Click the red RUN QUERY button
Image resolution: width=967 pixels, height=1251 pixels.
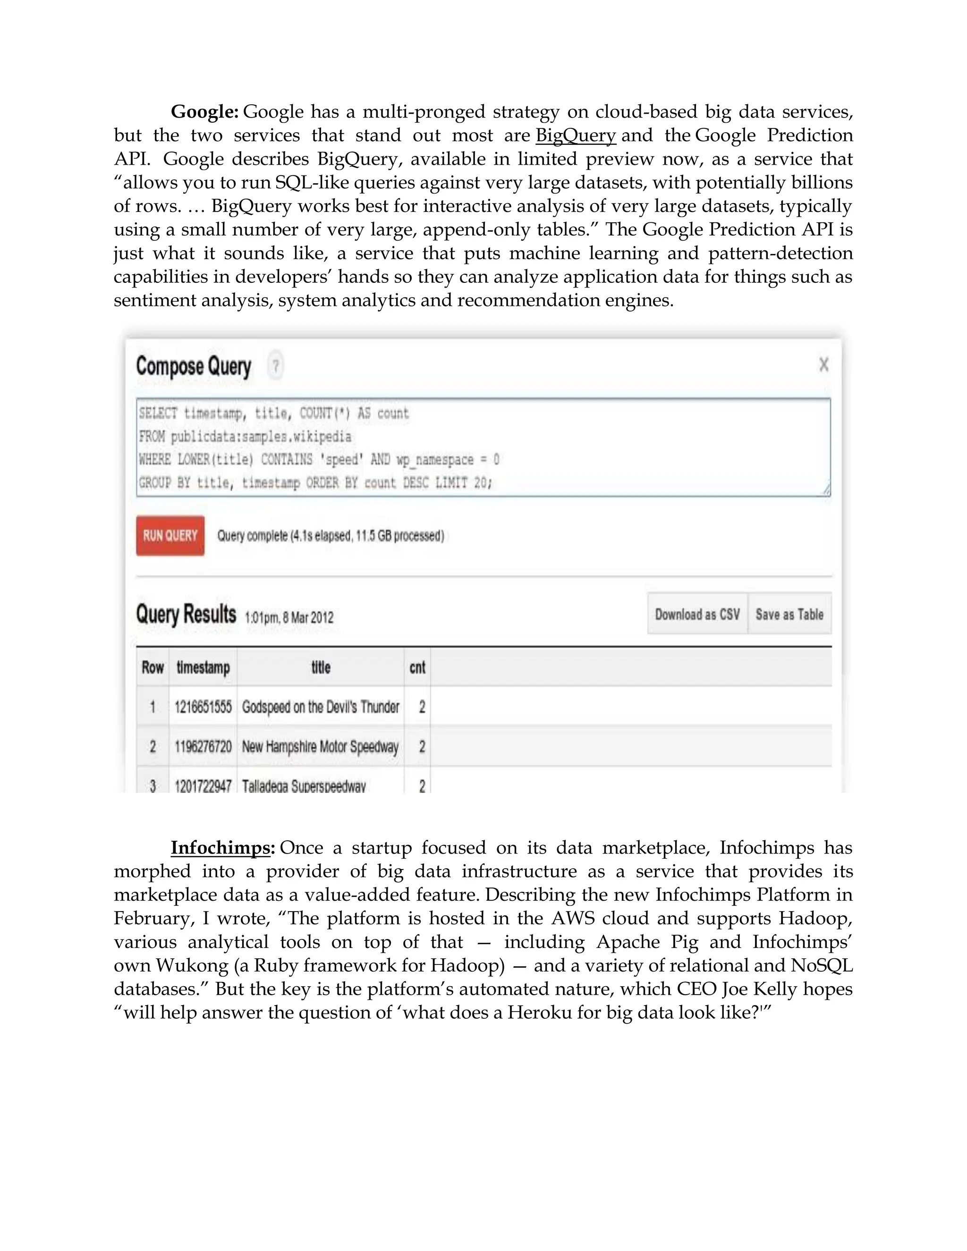170,536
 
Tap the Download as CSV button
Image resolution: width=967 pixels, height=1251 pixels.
697,614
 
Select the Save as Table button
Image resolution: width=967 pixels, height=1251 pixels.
789,614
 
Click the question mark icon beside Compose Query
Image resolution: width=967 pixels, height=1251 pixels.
276,365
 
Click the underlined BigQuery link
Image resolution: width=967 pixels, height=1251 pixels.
575,135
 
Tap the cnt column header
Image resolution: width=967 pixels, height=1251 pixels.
417,668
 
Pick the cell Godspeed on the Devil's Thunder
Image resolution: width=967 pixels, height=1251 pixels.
320,707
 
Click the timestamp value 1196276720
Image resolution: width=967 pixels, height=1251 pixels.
203,746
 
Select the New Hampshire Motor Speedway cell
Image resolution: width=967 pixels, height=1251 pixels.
320,746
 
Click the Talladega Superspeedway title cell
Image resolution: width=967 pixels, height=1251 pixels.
304,786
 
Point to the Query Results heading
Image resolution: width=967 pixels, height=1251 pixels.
186,614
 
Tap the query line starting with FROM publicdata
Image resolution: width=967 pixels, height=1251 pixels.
245,437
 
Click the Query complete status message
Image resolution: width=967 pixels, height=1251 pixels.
331,536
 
